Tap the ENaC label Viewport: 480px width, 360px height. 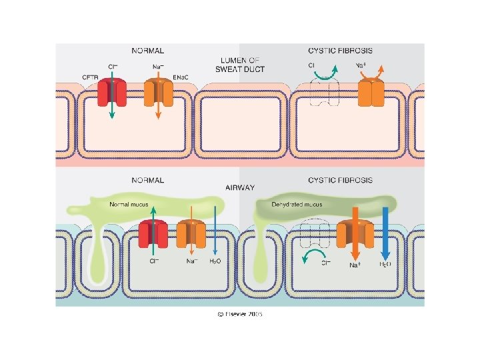(181, 78)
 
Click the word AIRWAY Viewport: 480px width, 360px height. (239, 189)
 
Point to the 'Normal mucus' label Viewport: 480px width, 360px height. (131, 203)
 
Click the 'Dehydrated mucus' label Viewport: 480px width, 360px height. (297, 204)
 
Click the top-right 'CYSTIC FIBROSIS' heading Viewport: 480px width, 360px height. (340, 50)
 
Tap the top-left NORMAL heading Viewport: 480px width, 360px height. (147, 50)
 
